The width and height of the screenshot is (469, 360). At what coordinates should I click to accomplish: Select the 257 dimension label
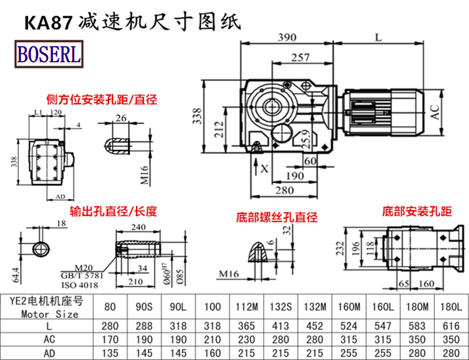click(x=300, y=57)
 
